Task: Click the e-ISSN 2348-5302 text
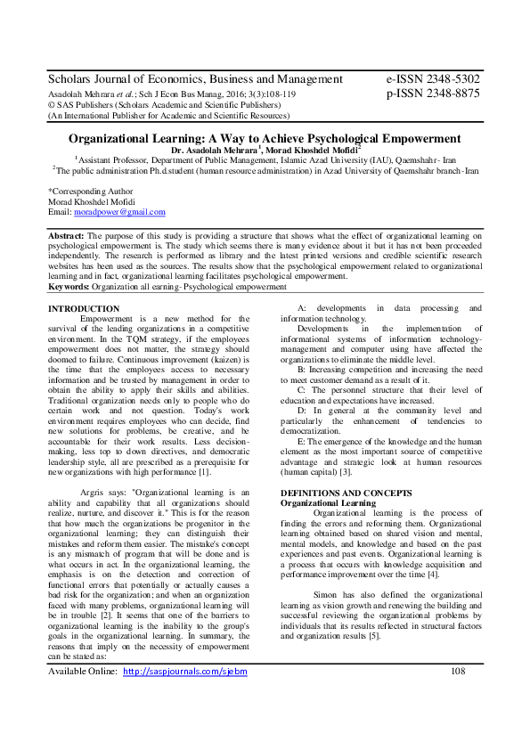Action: pyautogui.click(x=432, y=78)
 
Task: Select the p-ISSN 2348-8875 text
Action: pyautogui.click(x=432, y=93)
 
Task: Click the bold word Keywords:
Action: pyautogui.click(x=69, y=287)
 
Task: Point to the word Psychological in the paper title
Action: pyautogui.click(x=357, y=139)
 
